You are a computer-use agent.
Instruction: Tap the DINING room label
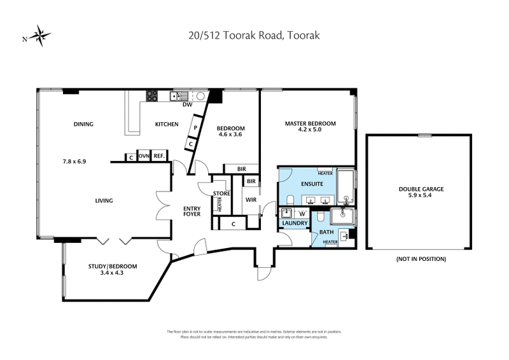tap(83, 124)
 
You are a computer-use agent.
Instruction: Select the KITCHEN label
tap(167, 124)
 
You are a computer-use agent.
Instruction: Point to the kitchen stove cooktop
tap(152, 97)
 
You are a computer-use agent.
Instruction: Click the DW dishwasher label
tap(187, 105)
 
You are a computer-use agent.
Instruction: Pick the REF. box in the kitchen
tap(159, 156)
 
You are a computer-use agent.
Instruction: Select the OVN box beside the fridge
tap(144, 156)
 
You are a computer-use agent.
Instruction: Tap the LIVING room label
tap(104, 201)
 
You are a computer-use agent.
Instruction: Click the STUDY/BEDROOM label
tap(113, 266)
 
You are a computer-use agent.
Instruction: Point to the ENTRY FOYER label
tap(192, 211)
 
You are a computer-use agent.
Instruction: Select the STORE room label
tap(221, 194)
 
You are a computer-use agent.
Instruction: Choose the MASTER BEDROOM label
tap(310, 123)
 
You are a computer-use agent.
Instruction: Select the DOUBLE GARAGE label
tap(421, 189)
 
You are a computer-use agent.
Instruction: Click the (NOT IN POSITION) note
tap(421, 259)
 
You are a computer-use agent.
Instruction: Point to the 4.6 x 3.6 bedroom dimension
tap(232, 134)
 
